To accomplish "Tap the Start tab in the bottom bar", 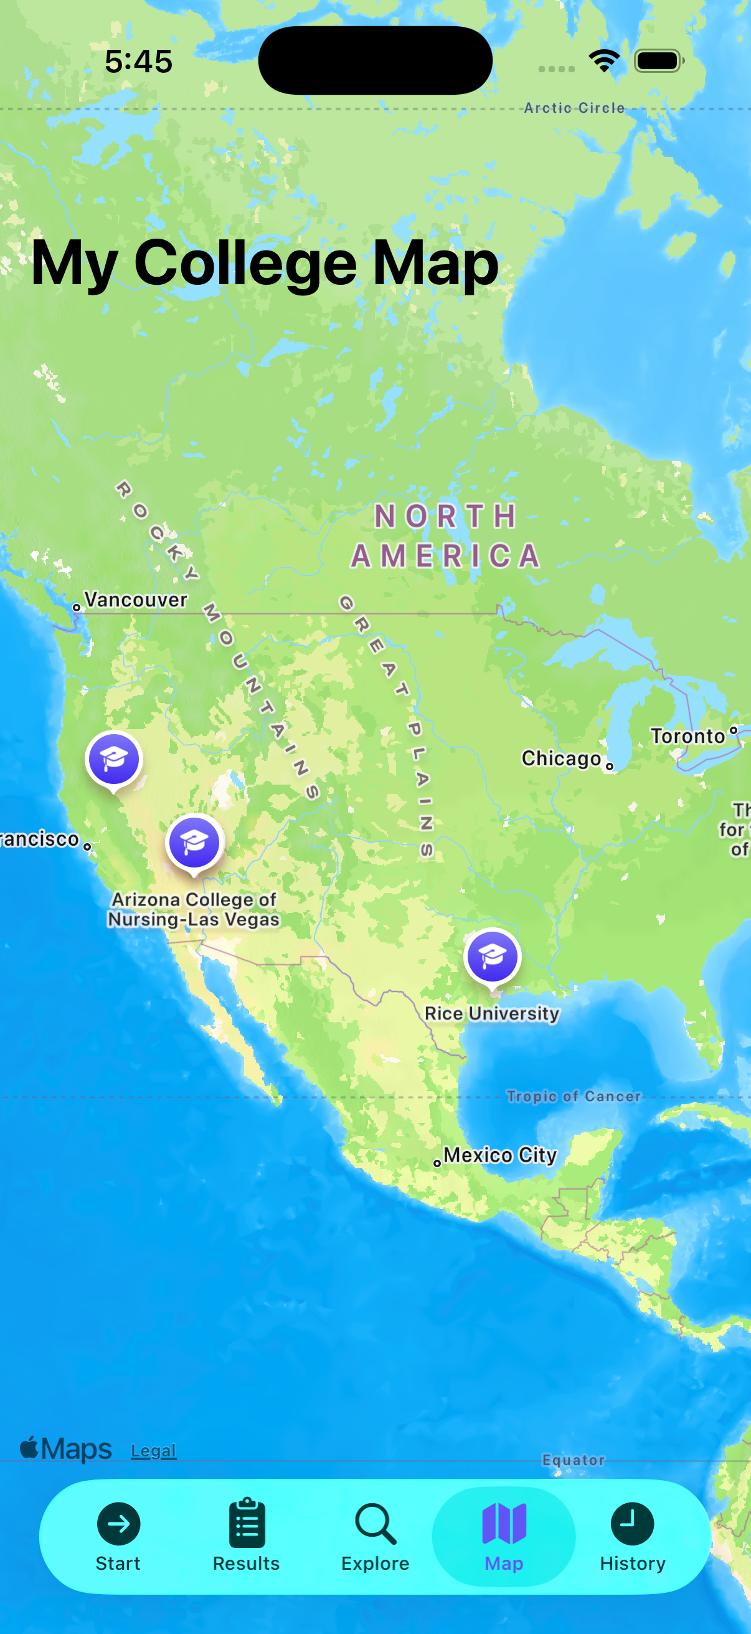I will (118, 1535).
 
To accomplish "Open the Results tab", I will (247, 1535).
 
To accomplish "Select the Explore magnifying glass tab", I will (375, 1535).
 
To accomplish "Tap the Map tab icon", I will (504, 1524).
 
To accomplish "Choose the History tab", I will (633, 1535).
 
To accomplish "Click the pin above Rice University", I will (493, 957).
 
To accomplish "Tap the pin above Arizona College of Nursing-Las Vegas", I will (194, 843).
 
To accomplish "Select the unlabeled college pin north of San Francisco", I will (114, 759).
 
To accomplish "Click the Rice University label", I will (493, 1014).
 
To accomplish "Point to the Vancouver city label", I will (136, 600).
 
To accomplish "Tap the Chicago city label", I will (562, 758).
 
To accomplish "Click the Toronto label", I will (688, 736).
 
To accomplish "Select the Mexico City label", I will (500, 1155).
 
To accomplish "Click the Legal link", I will (153, 1451).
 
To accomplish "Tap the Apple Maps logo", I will (66, 1450).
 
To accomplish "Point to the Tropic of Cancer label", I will (574, 1096).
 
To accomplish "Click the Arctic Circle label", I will (574, 108).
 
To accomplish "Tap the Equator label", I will (574, 1460).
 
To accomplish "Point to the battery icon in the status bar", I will (659, 62).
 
